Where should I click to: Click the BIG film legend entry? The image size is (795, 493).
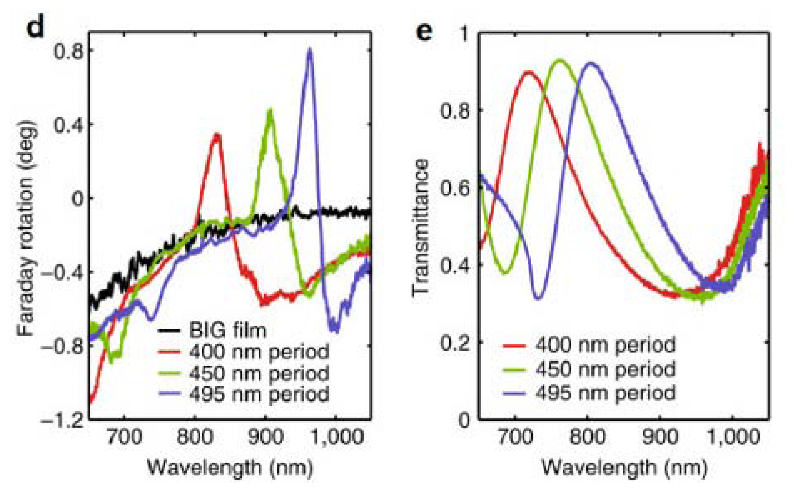click(228, 330)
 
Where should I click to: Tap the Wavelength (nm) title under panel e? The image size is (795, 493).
click(624, 467)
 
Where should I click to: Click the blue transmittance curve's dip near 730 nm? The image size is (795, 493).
click(538, 298)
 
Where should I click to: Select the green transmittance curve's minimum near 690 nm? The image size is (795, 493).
click(505, 273)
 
